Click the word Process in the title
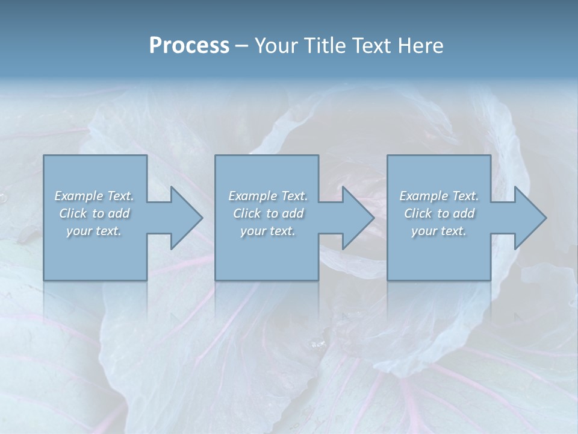(x=189, y=46)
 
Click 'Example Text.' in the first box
(x=94, y=196)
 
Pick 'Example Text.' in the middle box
(x=267, y=196)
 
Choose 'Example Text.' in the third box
(x=439, y=196)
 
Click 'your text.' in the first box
(x=94, y=231)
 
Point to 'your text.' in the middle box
(x=267, y=231)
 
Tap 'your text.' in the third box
(x=439, y=231)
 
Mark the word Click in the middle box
(x=247, y=213)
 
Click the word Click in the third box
(x=418, y=213)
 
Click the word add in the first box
(x=120, y=213)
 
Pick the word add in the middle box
(x=293, y=213)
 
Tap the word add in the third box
(x=465, y=213)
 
